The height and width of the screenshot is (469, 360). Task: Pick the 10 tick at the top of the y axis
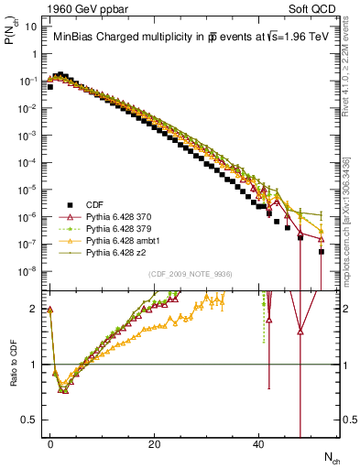[x=31, y=27]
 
